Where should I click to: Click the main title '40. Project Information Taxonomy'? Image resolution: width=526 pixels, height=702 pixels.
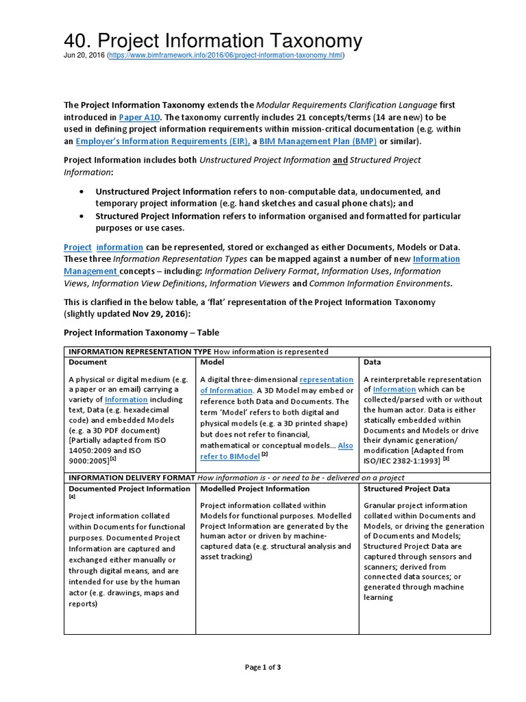pyautogui.click(x=213, y=40)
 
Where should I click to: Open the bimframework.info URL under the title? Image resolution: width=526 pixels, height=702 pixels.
pyautogui.click(x=226, y=56)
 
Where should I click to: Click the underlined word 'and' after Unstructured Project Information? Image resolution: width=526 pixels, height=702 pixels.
pyautogui.click(x=340, y=160)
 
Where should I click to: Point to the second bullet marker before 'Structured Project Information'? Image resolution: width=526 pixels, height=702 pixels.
pyautogui.click(x=82, y=217)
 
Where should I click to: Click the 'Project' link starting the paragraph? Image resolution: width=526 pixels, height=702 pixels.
pyautogui.click(x=77, y=247)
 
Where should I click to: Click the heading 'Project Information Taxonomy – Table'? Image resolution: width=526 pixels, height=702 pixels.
pyautogui.click(x=141, y=332)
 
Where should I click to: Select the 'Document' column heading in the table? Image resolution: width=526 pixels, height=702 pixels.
pyautogui.click(x=88, y=362)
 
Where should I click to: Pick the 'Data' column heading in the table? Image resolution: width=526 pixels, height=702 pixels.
pyautogui.click(x=373, y=362)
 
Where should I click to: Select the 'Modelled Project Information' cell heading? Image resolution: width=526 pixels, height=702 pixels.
pyautogui.click(x=255, y=489)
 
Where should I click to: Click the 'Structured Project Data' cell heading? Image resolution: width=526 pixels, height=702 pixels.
pyautogui.click(x=407, y=489)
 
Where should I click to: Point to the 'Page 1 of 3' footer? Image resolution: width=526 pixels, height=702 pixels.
pyautogui.click(x=263, y=667)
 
